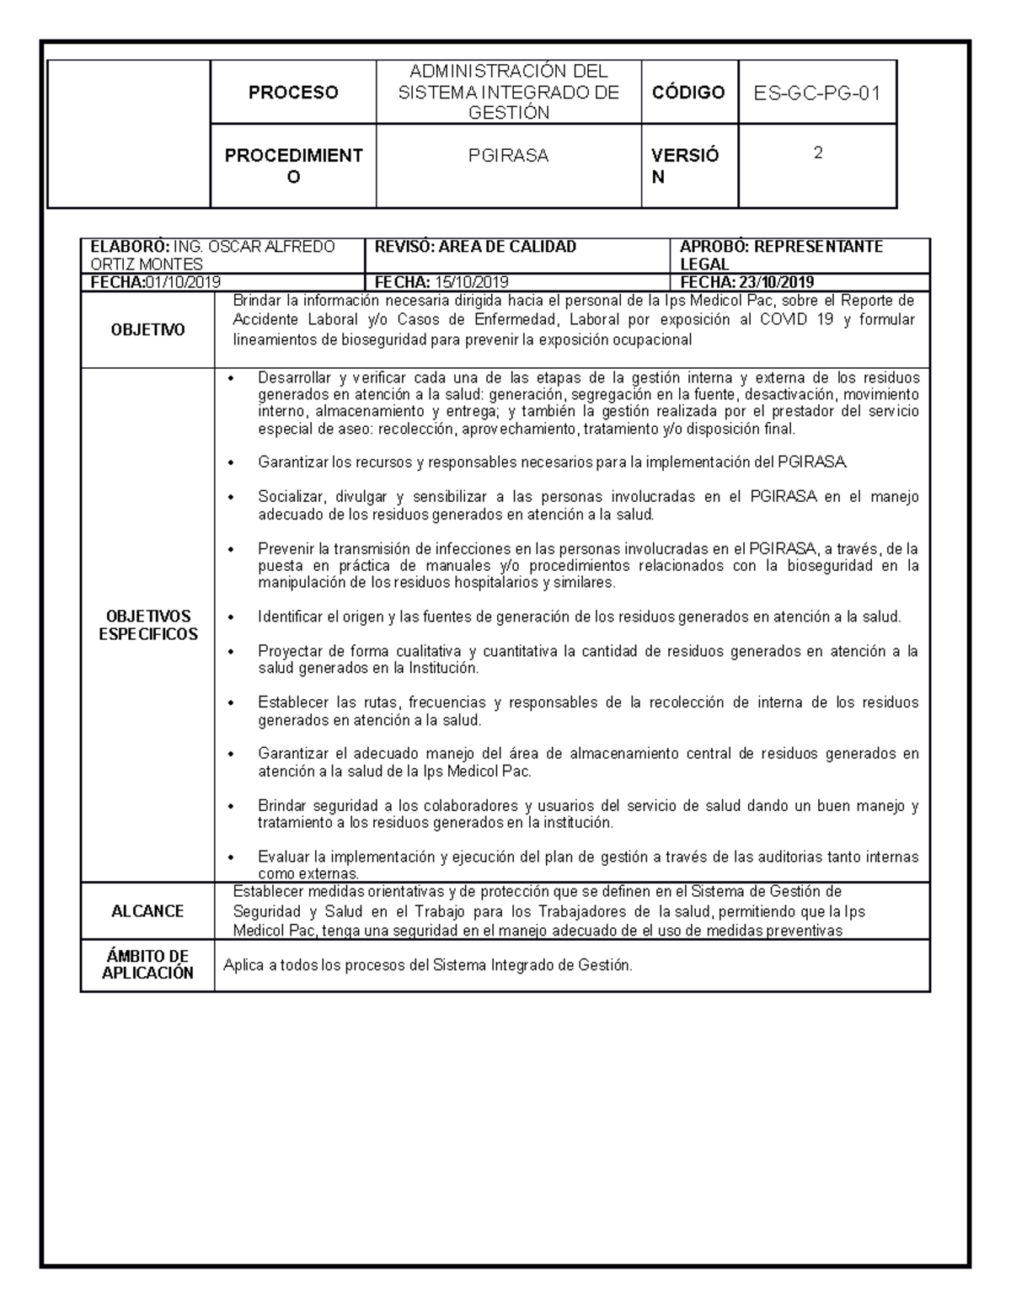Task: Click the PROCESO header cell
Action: [292, 93]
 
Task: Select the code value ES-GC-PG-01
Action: [816, 93]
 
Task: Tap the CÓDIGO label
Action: [688, 93]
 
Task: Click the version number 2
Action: [817, 153]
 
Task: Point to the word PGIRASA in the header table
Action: [508, 156]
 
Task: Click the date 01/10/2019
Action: [183, 282]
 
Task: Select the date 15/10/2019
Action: [471, 282]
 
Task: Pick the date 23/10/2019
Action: [776, 282]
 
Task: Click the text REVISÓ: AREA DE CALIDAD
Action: [475, 247]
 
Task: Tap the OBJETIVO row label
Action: [147, 331]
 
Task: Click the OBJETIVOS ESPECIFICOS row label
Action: [147, 626]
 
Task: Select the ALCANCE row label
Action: [147, 911]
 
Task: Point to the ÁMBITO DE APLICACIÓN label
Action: [147, 964]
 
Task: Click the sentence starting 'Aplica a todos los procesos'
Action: [427, 965]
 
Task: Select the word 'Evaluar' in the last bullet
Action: [282, 857]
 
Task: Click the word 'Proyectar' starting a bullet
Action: [288, 651]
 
